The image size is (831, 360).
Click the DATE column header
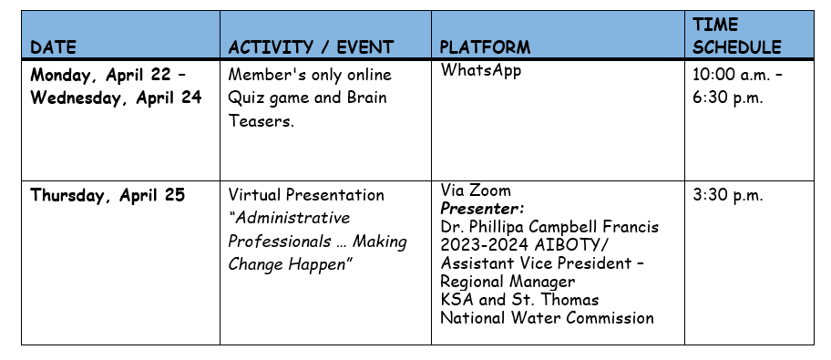(53, 47)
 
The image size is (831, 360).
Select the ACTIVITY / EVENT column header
(311, 47)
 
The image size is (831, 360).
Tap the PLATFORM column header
(485, 47)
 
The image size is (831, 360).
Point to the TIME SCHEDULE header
(736, 36)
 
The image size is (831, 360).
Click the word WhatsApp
(481, 70)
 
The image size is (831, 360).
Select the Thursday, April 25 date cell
(108, 196)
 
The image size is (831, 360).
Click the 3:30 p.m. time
(728, 196)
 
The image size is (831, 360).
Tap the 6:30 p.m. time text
(728, 98)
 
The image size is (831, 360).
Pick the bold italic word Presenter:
(482, 209)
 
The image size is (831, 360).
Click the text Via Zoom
(476, 190)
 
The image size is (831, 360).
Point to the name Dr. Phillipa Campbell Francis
(549, 227)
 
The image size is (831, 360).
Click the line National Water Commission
(547, 318)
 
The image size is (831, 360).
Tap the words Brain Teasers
(307, 109)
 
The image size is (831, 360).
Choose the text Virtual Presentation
(306, 195)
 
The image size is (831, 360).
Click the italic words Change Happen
(291, 264)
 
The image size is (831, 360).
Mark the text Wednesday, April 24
(116, 98)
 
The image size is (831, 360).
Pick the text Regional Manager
(508, 282)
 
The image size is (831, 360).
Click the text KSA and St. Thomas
(519, 300)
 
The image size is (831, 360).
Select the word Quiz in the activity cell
(242, 98)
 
